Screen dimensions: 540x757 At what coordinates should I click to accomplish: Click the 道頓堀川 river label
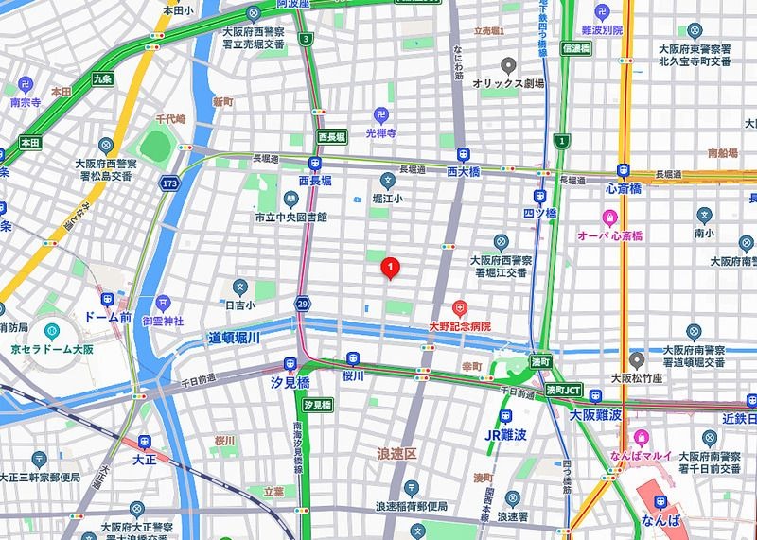[x=234, y=337]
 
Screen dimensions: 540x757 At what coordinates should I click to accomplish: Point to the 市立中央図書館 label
[x=290, y=217]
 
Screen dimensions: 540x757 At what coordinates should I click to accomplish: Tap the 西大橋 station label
[x=463, y=172]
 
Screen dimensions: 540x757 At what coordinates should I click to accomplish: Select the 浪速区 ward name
[x=397, y=454]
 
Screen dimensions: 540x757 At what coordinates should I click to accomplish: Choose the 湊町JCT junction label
[x=567, y=390]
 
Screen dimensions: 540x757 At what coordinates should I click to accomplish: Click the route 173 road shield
[x=169, y=182]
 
